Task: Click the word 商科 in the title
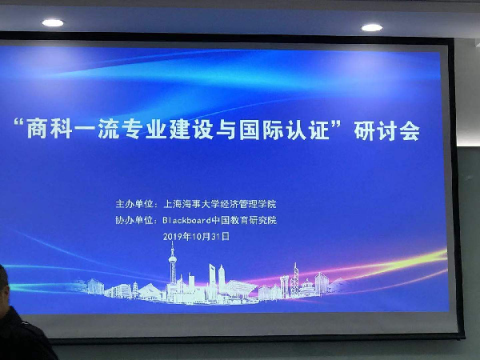coord(49,129)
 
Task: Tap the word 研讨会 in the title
coord(387,131)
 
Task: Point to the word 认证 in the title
coord(308,130)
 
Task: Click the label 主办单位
coord(134,204)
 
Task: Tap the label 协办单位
coord(134,220)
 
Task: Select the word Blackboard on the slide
coord(187,220)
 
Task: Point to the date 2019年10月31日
coord(196,236)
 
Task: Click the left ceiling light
coord(53,22)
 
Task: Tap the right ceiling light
coord(372,27)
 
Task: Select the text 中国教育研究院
coord(244,220)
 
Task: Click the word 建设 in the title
coord(190,130)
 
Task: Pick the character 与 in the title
coord(226,130)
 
